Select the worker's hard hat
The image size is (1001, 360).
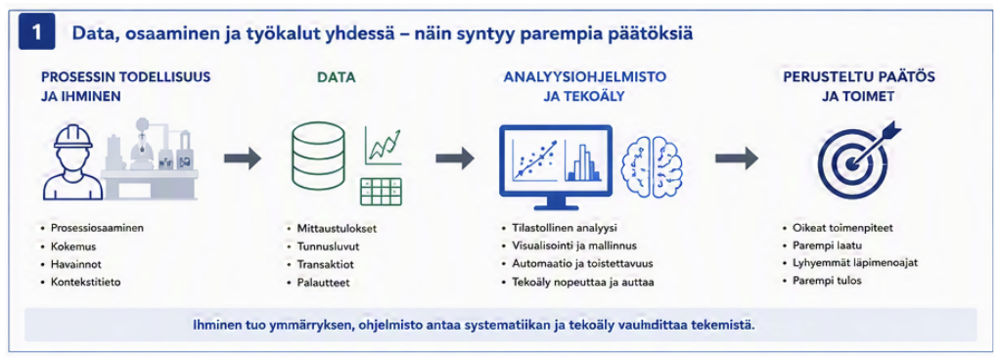click(74, 135)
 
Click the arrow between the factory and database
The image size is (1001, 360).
click(243, 157)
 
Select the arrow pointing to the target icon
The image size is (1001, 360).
click(736, 157)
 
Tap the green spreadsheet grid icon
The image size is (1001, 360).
click(381, 192)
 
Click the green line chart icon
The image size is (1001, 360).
click(383, 146)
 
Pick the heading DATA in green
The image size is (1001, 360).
click(336, 78)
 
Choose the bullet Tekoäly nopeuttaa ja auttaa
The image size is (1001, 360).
click(583, 282)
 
